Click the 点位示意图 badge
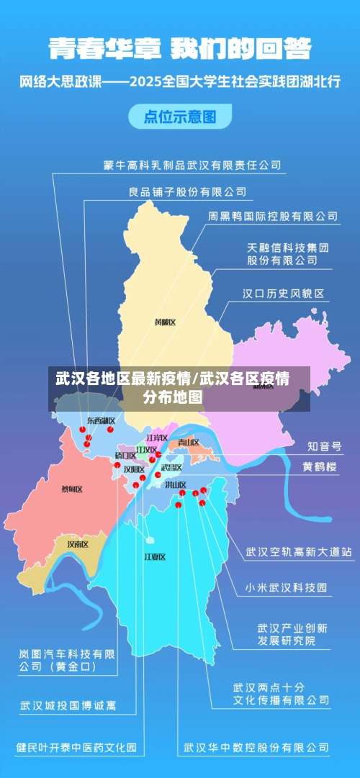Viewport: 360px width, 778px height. coord(180,117)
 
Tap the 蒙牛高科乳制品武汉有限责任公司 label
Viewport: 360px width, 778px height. coord(192,166)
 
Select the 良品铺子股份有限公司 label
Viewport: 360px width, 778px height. coord(187,192)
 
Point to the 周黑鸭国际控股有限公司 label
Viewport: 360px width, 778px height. coord(273,215)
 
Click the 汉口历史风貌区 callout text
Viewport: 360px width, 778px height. coord(283,294)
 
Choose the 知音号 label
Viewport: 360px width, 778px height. coord(325,446)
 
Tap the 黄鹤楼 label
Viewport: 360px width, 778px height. coord(320,466)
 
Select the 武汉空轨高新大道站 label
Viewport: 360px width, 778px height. coord(299,552)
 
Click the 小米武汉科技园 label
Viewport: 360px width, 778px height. coord(286,587)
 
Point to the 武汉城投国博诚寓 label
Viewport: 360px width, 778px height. coord(68,705)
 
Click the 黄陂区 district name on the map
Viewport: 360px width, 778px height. coord(165,322)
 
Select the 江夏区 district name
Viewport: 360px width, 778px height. coord(155,556)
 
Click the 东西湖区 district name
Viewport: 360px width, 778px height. coord(101,420)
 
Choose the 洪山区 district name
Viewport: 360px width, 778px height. coord(175,485)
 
